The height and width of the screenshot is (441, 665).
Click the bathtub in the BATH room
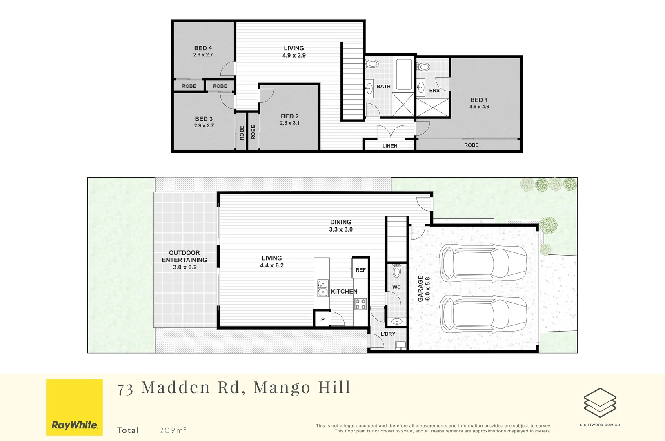[x=404, y=74]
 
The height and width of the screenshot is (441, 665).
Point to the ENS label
[x=434, y=91]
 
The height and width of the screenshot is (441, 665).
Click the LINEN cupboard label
[x=390, y=146]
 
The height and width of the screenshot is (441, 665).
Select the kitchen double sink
[x=322, y=288]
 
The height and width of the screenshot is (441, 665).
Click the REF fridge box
[x=360, y=269]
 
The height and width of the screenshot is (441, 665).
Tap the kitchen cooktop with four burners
[x=360, y=304]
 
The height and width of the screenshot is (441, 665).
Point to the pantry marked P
[x=322, y=319]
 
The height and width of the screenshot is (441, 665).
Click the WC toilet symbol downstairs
[x=396, y=270]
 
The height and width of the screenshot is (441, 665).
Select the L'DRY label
[x=388, y=334]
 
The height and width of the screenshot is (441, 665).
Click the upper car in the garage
[x=483, y=263]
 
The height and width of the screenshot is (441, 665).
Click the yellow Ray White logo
[x=74, y=407]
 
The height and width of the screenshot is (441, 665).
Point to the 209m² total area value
[x=173, y=430]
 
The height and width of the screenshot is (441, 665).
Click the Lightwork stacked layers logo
[x=600, y=403]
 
